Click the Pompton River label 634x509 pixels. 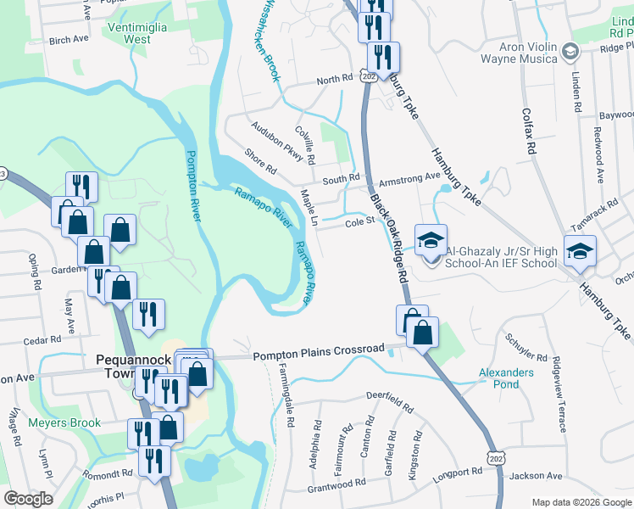point(194,186)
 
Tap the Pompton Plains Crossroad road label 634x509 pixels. point(320,353)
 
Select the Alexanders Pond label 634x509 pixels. point(506,378)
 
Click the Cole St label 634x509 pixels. point(359,223)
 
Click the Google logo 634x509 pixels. point(28,499)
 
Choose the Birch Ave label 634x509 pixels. point(69,40)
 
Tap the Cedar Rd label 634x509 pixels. point(42,340)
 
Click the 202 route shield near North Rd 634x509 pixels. point(368,76)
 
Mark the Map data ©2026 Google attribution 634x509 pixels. point(581,502)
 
